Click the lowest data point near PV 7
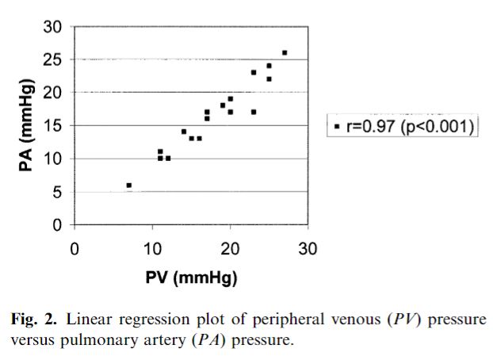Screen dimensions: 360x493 [x=128, y=185]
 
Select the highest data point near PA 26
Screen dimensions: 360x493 [x=285, y=53]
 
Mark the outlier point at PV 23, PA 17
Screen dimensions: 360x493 [x=254, y=112]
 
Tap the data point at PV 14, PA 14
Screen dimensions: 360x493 [x=184, y=132]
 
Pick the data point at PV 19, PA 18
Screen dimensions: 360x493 [x=223, y=105]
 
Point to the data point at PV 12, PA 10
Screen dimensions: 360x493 [x=168, y=158]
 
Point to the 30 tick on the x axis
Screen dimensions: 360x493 [x=308, y=248]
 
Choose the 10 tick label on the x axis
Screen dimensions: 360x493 [x=152, y=248]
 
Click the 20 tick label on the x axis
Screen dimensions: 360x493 [x=230, y=248]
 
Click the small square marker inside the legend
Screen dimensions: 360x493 [x=337, y=126]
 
